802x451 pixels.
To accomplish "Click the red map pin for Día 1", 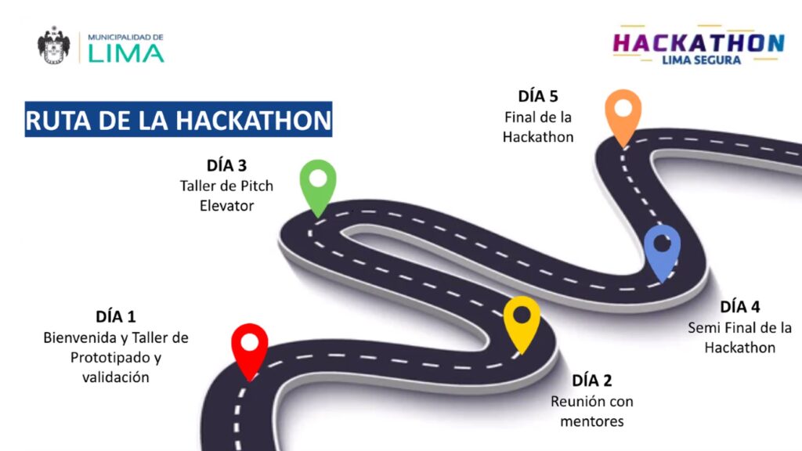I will click(250, 348).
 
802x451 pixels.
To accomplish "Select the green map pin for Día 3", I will click(318, 183).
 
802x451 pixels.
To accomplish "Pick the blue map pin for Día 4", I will click(663, 248).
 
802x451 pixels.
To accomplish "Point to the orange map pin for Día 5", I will click(623, 114).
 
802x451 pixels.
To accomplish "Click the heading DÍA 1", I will click(116, 317).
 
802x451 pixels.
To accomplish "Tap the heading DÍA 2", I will click(592, 381).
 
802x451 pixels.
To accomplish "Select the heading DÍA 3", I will click(226, 166).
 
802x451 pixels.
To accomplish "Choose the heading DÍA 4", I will click(740, 307).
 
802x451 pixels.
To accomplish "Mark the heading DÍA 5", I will click(538, 96).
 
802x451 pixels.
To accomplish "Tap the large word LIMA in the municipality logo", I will click(125, 53).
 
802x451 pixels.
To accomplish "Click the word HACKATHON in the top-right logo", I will click(699, 42).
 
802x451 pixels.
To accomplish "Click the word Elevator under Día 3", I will click(226, 205).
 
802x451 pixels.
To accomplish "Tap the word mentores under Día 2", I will click(592, 421).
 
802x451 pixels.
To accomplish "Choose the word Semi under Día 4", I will click(704, 327).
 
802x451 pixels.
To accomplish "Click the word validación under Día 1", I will click(116, 377).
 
